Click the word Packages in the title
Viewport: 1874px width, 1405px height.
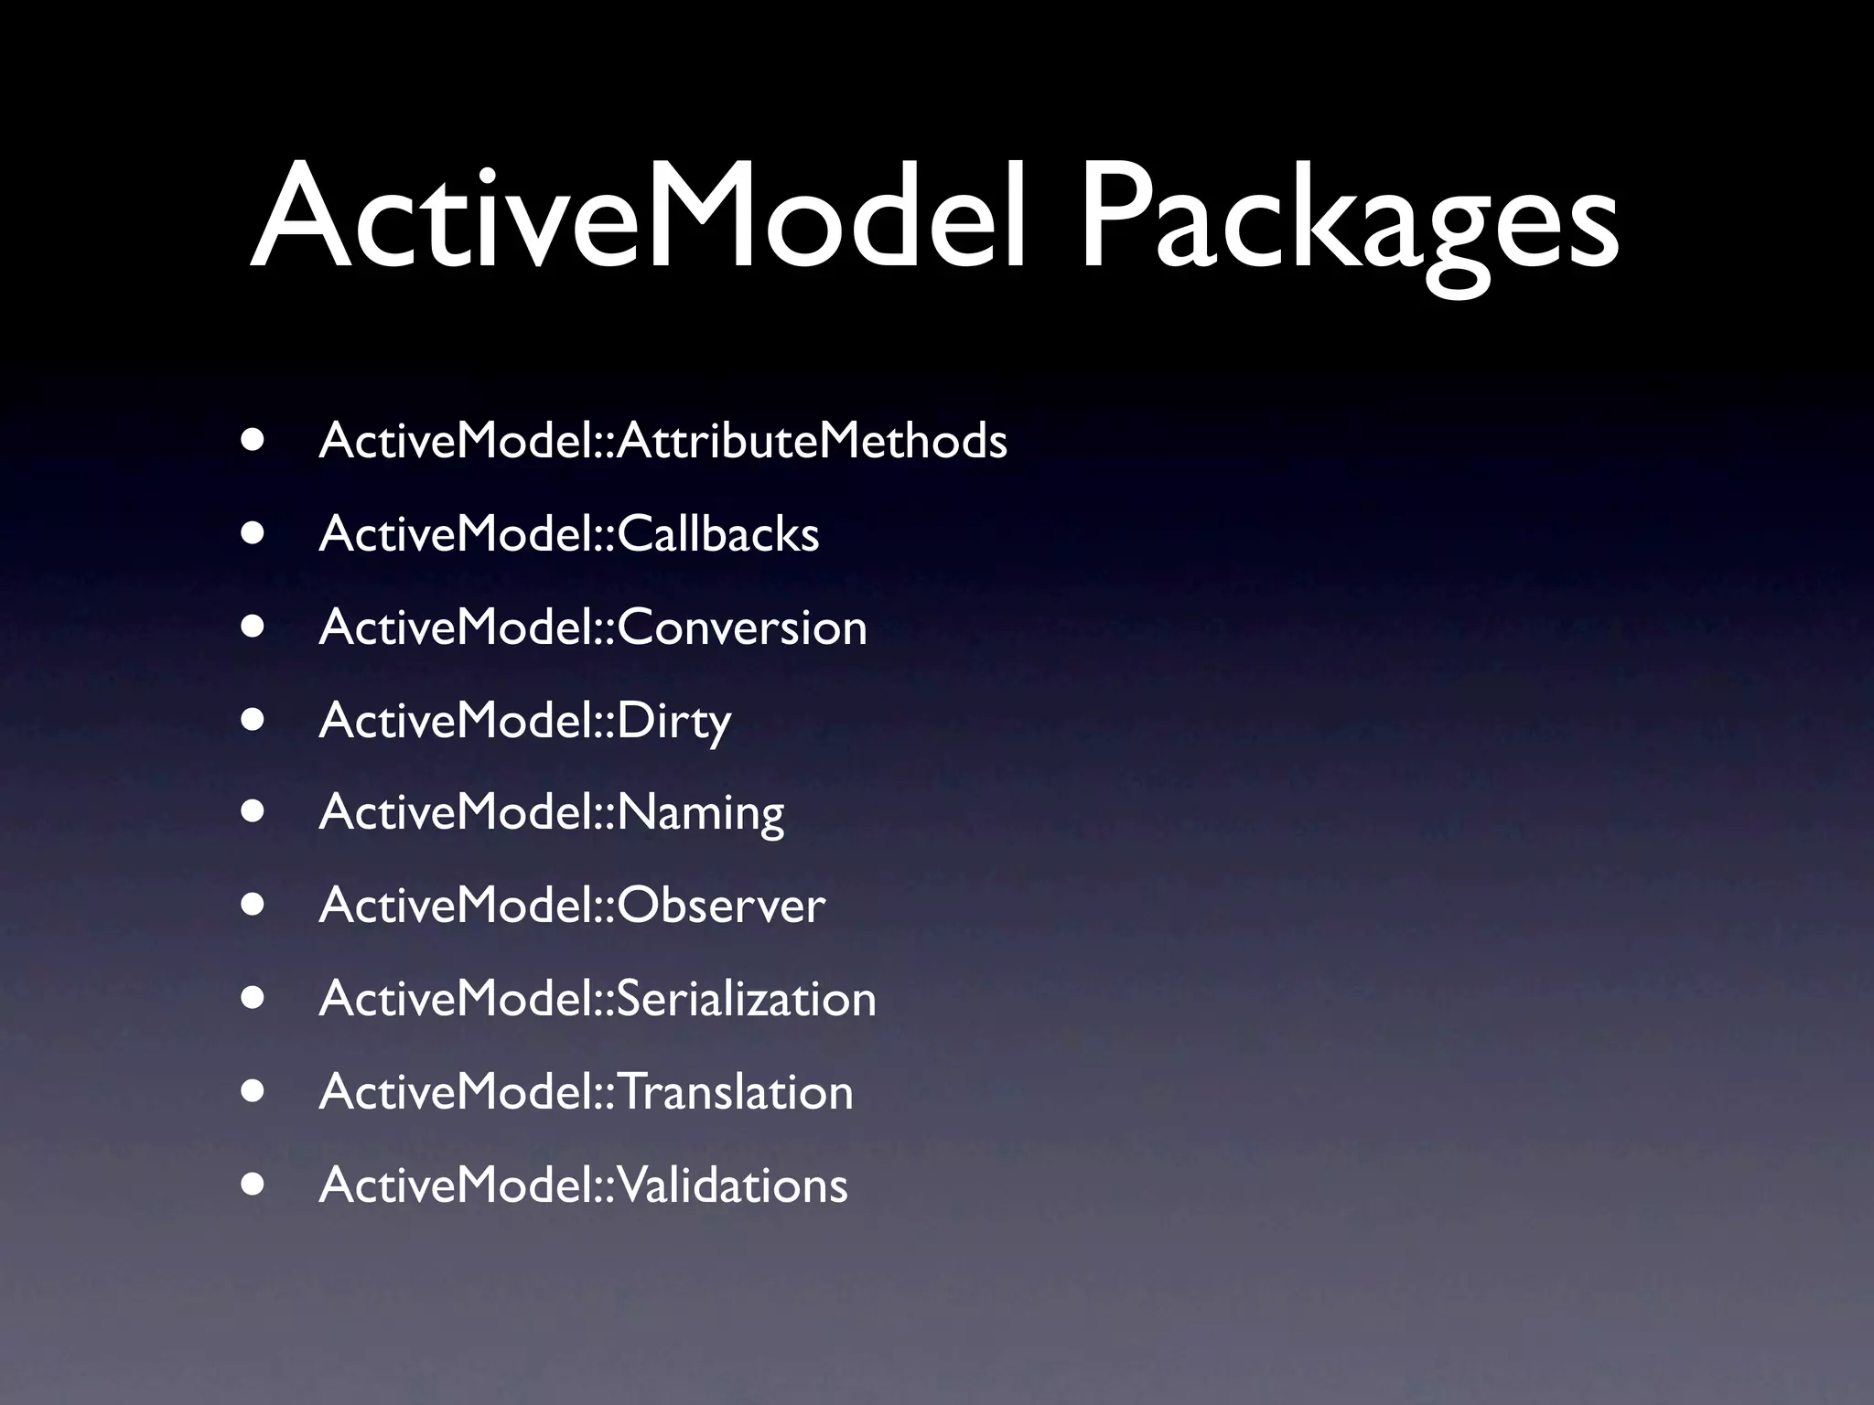[1351, 224]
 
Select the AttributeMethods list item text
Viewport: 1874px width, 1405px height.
[662, 441]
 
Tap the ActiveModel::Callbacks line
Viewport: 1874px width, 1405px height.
[568, 534]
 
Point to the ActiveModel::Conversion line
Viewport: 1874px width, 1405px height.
[593, 627]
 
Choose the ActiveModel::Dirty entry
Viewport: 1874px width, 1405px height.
[524, 721]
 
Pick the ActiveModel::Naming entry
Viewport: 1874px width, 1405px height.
[551, 813]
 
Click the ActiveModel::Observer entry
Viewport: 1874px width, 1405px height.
[572, 906]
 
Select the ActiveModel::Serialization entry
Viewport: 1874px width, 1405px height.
[598, 998]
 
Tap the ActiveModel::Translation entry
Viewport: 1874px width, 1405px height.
[586, 1091]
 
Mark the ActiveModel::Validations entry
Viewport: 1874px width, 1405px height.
[583, 1185]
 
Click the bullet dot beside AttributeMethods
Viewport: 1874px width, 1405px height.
[253, 440]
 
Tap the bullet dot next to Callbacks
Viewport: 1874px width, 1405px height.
[253, 533]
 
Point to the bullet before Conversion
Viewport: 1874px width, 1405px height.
[253, 627]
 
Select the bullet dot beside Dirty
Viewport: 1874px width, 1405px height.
[253, 720]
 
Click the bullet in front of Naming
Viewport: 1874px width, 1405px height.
[253, 812]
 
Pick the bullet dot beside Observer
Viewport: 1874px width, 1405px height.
[253, 905]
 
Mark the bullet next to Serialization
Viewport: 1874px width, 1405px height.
[253, 998]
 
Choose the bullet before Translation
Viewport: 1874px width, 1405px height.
[253, 1091]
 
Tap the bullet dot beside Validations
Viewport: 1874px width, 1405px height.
[253, 1185]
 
